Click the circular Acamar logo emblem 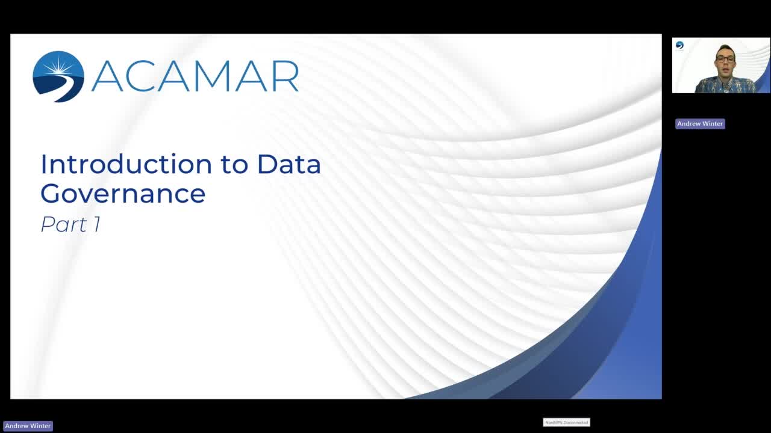(x=58, y=76)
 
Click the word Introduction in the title (x=126, y=164)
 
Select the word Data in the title (x=289, y=164)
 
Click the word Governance (x=123, y=194)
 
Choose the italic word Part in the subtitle (x=64, y=224)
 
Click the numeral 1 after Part (x=97, y=224)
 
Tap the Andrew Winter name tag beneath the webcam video (x=700, y=124)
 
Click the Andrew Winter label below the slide (x=28, y=426)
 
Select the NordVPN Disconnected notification (x=567, y=422)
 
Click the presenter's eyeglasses (x=725, y=59)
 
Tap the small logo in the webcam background (x=679, y=45)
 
